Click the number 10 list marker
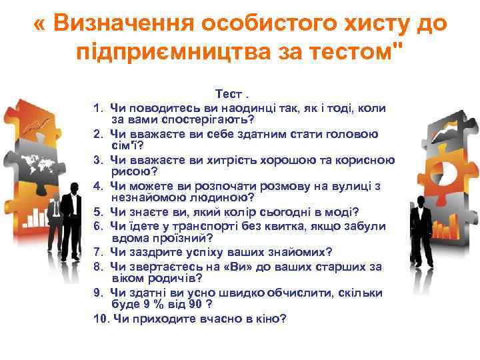point(101,318)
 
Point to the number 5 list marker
point(97,212)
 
